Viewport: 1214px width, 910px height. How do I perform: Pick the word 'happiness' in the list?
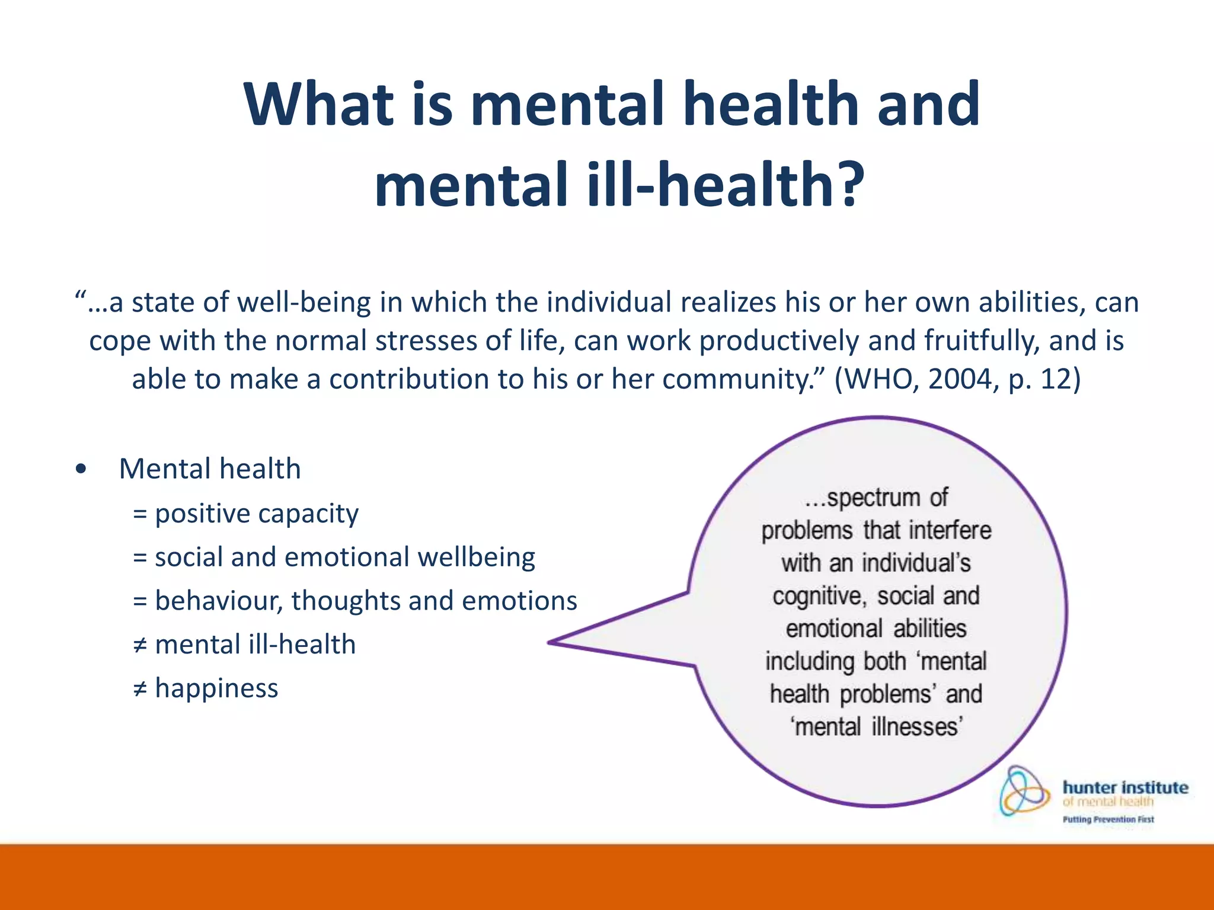click(x=216, y=688)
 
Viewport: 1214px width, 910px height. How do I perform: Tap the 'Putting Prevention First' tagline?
click(x=1108, y=820)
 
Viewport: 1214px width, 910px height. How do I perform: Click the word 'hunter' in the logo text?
click(x=1089, y=788)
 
